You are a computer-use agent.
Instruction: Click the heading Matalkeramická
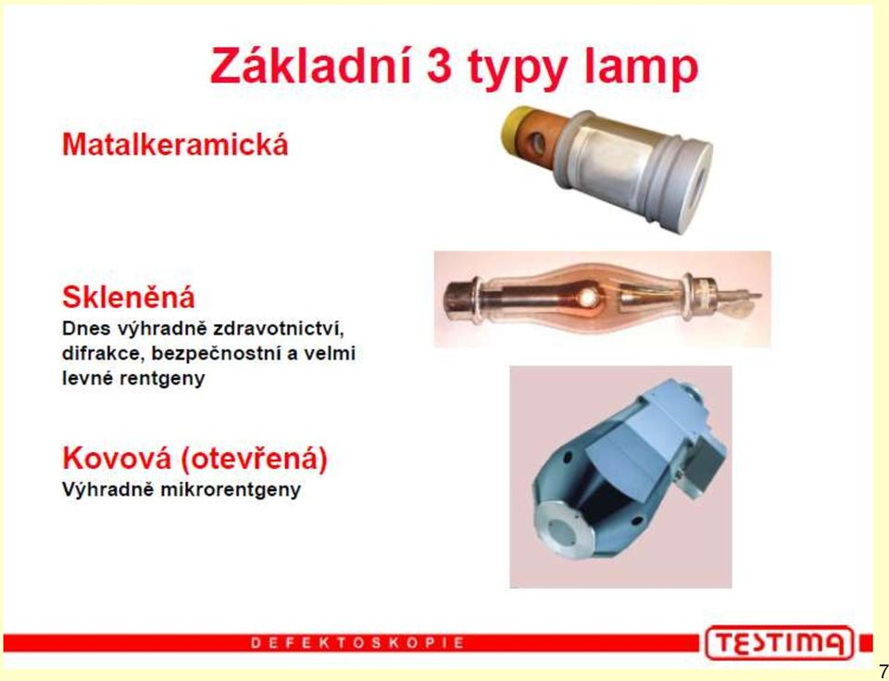[x=175, y=145]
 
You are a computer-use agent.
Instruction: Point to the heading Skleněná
[x=128, y=296]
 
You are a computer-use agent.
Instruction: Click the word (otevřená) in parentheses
[x=254, y=459]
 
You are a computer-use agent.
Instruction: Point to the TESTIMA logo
[x=779, y=643]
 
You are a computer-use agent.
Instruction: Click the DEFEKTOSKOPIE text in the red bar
[x=357, y=643]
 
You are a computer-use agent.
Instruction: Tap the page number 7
[x=883, y=670]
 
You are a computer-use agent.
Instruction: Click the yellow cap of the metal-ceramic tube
[x=516, y=124]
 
